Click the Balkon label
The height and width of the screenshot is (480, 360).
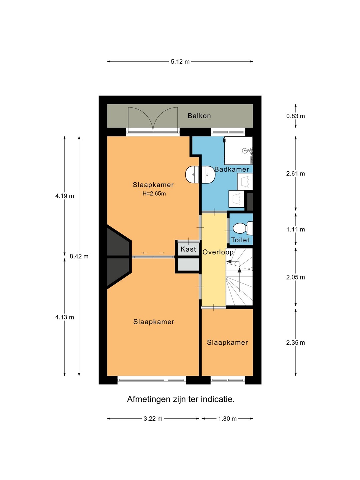(x=199, y=116)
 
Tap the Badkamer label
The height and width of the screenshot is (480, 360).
(x=232, y=169)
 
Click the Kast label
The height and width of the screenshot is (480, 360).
(x=188, y=249)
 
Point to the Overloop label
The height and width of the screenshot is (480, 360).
(x=218, y=252)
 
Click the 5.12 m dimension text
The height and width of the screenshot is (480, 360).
(x=180, y=62)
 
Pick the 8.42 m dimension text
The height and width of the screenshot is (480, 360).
(x=79, y=256)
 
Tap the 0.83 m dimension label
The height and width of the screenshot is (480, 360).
(x=296, y=116)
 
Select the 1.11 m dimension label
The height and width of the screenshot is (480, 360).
(x=296, y=229)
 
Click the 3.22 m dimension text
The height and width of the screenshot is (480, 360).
(x=153, y=419)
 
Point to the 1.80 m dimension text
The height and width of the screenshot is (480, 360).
(x=227, y=419)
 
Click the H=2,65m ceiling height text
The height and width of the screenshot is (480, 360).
(x=154, y=194)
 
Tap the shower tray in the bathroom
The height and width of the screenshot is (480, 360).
(x=238, y=151)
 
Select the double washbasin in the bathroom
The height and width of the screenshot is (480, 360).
(x=200, y=175)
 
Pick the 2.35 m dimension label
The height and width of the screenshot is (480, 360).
(x=296, y=342)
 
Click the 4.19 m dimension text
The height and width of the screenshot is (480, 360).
(x=64, y=196)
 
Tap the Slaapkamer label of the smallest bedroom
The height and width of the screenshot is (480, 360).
(x=227, y=342)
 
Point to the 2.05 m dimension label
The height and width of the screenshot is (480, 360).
(x=296, y=277)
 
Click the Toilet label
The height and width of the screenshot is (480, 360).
(x=240, y=240)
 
